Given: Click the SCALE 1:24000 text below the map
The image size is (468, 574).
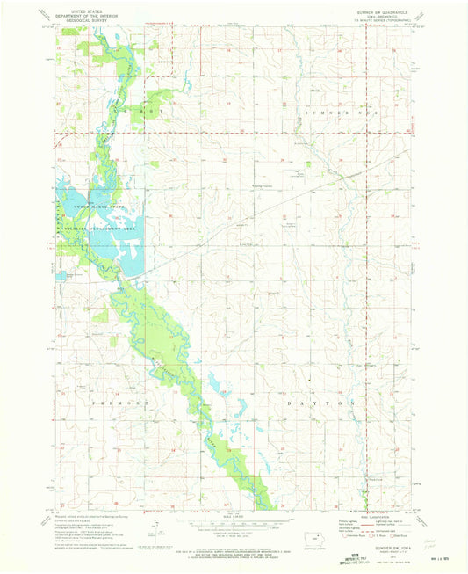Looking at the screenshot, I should tap(209, 514).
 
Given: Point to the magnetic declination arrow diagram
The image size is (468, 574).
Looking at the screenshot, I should tap(154, 527).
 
